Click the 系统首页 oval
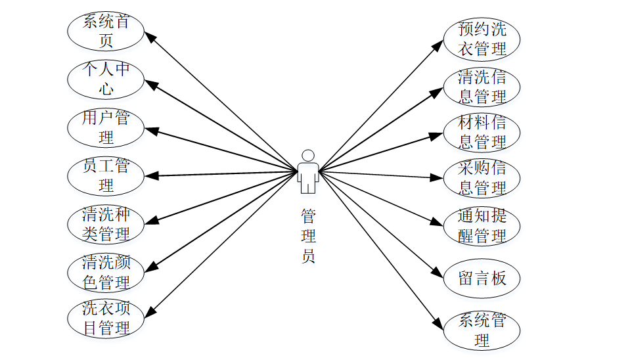pyautogui.click(x=106, y=31)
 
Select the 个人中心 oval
pyautogui.click(x=106, y=78)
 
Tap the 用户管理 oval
pyautogui.click(x=106, y=127)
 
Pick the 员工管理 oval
pyautogui.click(x=106, y=175)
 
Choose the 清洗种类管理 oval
pyautogui.click(x=106, y=223)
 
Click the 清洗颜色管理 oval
pyautogui.click(x=106, y=272)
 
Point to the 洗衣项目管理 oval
pyautogui.click(x=106, y=318)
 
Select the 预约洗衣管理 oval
pyautogui.click(x=482, y=39)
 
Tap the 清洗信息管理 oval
pyautogui.click(x=482, y=87)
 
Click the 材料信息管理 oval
pyautogui.click(x=482, y=132)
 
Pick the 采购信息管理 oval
pyautogui.click(x=482, y=178)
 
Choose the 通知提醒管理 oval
pyautogui.click(x=482, y=226)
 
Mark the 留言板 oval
pyautogui.click(x=482, y=278)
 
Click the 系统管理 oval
pyautogui.click(x=482, y=330)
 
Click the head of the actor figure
pyautogui.click(x=307, y=156)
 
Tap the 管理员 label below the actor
pyautogui.click(x=308, y=236)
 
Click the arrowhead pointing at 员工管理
pyautogui.click(x=150, y=175)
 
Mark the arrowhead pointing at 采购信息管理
pyautogui.click(x=438, y=177)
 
